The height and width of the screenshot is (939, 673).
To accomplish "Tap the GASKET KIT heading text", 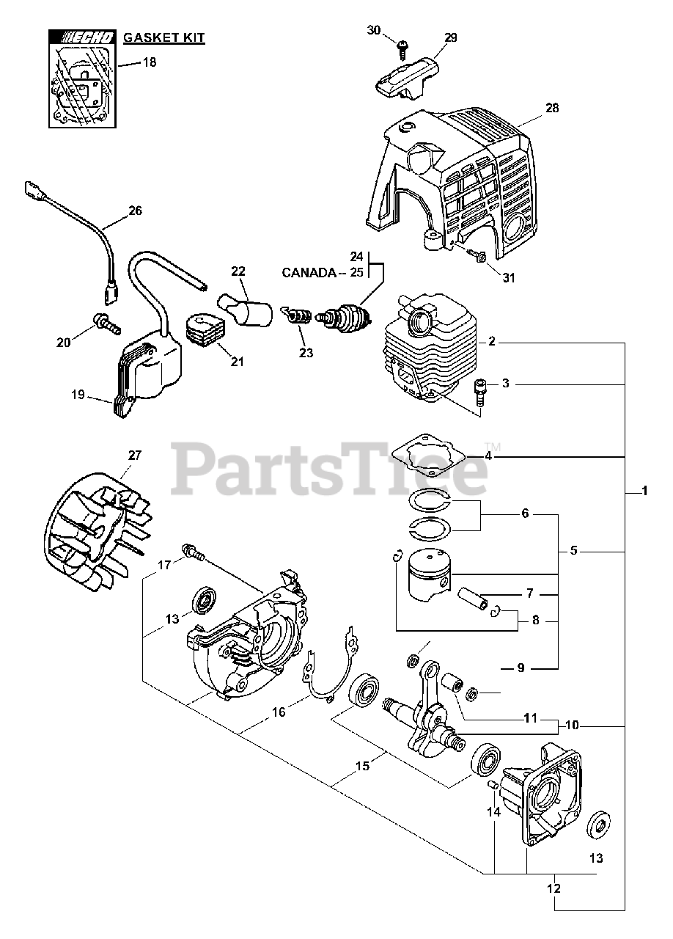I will pyautogui.click(x=163, y=37).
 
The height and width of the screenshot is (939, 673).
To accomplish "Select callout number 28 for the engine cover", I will pyautogui.click(x=551, y=108).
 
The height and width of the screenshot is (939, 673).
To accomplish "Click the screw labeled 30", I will pyautogui.click(x=402, y=47).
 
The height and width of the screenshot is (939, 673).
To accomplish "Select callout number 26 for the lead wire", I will pyautogui.click(x=135, y=210).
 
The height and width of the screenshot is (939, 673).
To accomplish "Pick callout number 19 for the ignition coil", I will pyautogui.click(x=78, y=395).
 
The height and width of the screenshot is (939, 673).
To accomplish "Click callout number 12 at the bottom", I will pyautogui.click(x=554, y=888).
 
